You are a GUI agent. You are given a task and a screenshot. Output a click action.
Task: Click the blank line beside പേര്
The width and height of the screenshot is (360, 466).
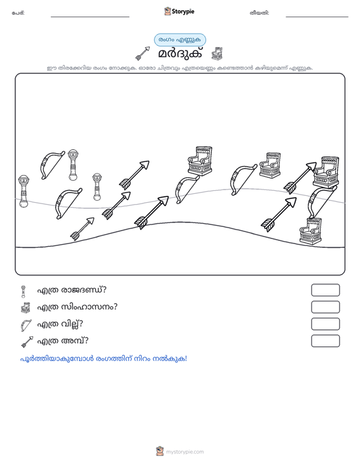coord(90,17)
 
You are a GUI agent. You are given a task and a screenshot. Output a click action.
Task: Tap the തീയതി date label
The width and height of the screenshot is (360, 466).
coord(260,13)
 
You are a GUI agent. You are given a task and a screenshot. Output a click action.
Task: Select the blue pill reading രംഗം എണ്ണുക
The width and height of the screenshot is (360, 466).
coord(180,40)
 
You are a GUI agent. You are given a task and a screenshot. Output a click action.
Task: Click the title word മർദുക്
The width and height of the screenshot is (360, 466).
coord(180,53)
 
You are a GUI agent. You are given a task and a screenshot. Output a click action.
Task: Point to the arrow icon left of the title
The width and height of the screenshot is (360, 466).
coord(142,53)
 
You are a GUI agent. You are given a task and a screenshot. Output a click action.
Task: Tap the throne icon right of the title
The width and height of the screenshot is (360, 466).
coord(217,53)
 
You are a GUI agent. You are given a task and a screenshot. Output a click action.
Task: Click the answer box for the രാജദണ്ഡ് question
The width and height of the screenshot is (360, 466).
coord(325,290)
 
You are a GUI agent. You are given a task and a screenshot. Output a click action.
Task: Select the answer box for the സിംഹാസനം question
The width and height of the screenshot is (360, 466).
coord(325,307)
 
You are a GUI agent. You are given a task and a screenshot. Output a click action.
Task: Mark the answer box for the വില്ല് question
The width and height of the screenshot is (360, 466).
coord(325,324)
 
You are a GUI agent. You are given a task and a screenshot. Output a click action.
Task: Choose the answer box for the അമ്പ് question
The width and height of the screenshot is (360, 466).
coord(325,341)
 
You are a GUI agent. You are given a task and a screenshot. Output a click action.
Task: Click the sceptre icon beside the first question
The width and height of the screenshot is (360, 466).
coord(23,291)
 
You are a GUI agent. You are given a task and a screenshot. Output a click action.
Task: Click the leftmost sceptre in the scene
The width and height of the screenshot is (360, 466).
coord(24,191)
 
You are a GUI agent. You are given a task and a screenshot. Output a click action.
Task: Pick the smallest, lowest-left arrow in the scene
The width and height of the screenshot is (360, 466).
coord(82,228)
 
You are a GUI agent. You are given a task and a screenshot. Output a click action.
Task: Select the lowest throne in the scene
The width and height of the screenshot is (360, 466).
coord(310,231)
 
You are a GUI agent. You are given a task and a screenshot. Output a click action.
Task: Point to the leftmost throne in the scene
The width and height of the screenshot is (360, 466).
coord(200,161)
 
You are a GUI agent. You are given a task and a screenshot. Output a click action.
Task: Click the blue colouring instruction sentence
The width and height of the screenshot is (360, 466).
coord(104,359)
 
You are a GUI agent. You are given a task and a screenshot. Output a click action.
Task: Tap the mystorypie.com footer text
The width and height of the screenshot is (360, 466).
coord(184,452)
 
